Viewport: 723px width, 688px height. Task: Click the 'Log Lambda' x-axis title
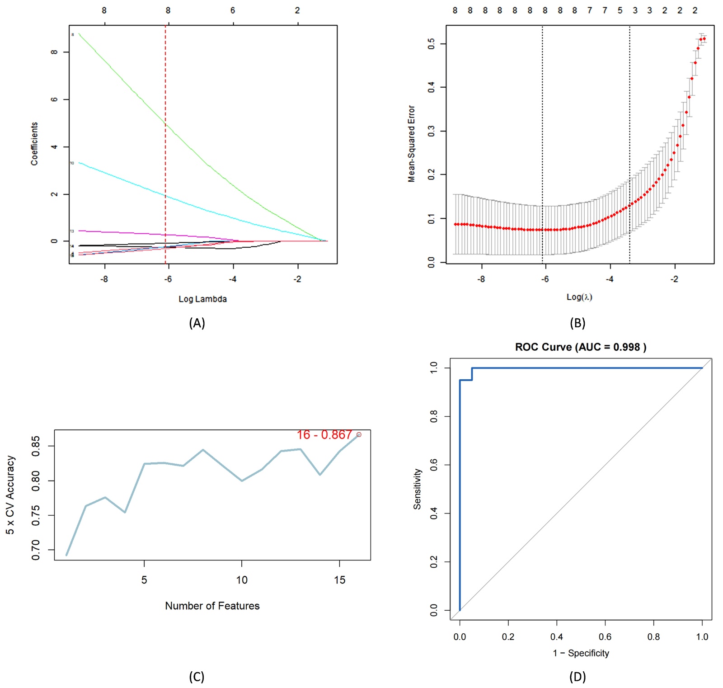click(x=202, y=299)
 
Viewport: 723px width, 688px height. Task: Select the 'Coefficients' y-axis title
click(x=34, y=144)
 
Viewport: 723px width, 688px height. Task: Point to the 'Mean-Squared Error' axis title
click(x=411, y=144)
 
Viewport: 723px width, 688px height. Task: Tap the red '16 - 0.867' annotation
click(x=324, y=435)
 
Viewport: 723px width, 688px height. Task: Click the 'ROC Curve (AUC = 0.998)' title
click(x=581, y=347)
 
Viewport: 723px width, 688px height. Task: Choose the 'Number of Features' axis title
click(x=212, y=606)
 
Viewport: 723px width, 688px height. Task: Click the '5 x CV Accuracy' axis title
click(x=10, y=495)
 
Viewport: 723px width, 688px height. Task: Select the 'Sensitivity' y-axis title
click(x=417, y=489)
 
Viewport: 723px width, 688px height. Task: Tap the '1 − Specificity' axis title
click(x=581, y=653)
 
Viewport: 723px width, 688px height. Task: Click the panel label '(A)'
click(x=197, y=323)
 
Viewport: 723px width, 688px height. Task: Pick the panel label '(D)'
click(x=577, y=677)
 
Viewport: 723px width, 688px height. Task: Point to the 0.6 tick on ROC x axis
click(x=605, y=637)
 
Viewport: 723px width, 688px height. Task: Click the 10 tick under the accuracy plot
click(x=242, y=580)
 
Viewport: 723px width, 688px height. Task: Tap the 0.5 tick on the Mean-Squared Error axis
click(x=431, y=44)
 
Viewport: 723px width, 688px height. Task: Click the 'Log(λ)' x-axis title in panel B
click(x=579, y=297)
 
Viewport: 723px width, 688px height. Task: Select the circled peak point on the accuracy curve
click(x=359, y=435)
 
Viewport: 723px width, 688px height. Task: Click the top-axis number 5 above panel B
click(x=620, y=10)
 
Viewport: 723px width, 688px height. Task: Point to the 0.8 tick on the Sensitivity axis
click(x=434, y=416)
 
